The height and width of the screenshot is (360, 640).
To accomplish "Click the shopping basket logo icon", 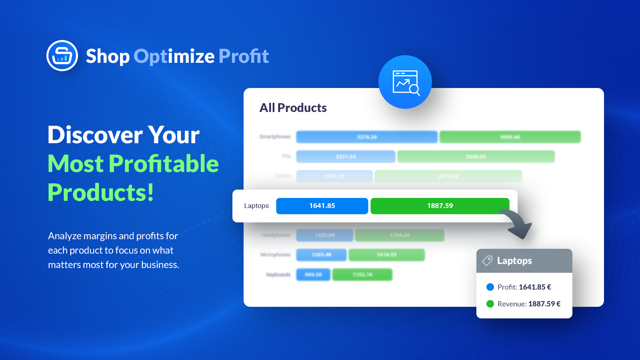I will tap(62, 56).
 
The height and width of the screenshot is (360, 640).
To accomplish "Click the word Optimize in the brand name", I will tap(174, 56).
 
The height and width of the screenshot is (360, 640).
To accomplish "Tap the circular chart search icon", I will tap(405, 82).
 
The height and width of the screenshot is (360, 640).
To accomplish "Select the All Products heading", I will tap(293, 108).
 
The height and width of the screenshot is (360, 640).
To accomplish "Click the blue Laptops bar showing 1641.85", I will tap(322, 206).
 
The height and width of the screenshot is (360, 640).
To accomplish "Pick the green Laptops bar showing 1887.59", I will tap(440, 206).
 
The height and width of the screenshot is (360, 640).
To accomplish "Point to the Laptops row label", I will tap(256, 206).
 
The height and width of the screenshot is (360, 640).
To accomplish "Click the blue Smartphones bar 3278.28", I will tap(366, 137).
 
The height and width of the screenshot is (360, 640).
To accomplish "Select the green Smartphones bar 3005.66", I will tap(510, 137).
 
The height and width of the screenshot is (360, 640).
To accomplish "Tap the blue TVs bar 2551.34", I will tap(346, 156).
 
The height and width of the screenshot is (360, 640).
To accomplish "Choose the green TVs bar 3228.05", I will tap(476, 156).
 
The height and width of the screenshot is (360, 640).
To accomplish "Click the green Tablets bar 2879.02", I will tap(448, 176).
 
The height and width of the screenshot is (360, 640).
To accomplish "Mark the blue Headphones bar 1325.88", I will tap(324, 235).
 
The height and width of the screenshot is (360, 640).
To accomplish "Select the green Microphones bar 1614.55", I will tap(386, 255).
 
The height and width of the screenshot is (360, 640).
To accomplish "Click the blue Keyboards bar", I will tap(313, 275).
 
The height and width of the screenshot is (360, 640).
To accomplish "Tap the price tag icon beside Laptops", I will tap(487, 261).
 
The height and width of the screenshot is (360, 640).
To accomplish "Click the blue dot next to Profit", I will tap(490, 287).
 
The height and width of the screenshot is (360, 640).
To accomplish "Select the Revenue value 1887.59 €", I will tap(544, 304).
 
